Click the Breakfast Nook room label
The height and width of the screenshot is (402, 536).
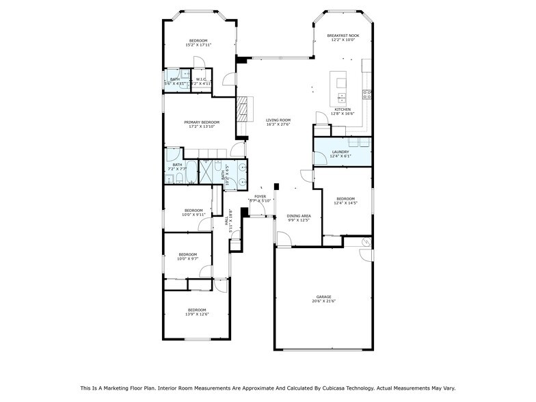(x=343, y=36)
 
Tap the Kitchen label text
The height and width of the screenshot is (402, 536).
(x=342, y=110)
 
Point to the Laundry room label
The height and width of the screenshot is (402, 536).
(x=340, y=152)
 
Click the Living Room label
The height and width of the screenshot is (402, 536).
(x=278, y=120)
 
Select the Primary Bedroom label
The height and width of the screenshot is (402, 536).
(x=201, y=122)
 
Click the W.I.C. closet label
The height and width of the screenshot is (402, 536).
(x=201, y=79)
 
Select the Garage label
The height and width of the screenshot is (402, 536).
(x=324, y=297)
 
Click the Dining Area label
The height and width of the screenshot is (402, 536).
(x=298, y=216)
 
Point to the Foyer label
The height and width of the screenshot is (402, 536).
(x=260, y=197)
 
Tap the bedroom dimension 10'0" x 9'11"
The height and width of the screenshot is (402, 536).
(x=193, y=215)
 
